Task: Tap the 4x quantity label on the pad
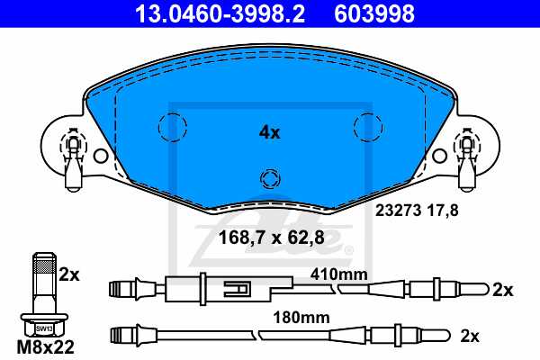269,132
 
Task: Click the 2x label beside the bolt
69,274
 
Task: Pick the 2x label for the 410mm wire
502,290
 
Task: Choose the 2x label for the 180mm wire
469,336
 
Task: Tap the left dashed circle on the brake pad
170,127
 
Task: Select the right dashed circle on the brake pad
367,127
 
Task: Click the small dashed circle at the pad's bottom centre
269,178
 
